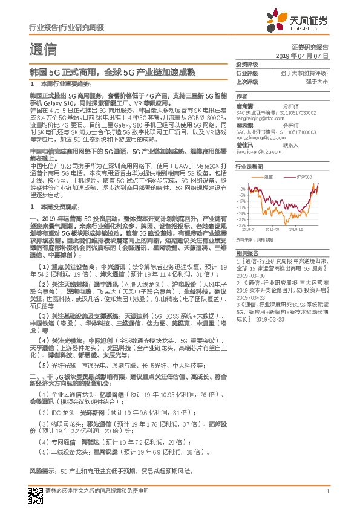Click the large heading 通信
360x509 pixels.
pos(44,48)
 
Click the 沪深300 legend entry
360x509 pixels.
pos(304,177)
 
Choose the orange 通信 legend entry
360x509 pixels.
pos(269,177)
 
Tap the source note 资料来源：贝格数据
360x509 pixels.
pos(254,240)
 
